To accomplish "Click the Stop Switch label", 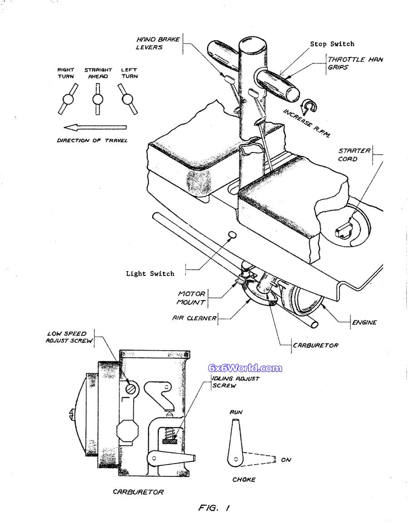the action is point(332,44).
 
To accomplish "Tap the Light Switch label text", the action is point(150,274).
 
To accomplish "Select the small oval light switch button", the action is point(232,235).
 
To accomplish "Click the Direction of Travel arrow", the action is point(95,128).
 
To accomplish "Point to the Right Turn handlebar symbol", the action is point(68,99).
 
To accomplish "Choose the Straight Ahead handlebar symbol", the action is point(97,99).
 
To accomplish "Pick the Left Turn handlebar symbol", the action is point(127,99).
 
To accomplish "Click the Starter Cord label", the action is point(354,154).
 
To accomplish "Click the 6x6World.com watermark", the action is point(245,368).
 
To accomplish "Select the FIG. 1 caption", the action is point(214,507).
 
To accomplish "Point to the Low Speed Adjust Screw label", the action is point(69,337).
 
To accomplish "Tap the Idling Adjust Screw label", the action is point(235,382).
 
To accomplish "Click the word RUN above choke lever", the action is point(236,412).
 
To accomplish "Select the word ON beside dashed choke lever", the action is point(286,460).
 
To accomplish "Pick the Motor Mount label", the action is point(191,298).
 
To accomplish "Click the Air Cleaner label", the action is point(194,318).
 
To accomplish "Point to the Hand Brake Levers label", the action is point(158,43).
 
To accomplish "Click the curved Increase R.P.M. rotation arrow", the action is point(309,107).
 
